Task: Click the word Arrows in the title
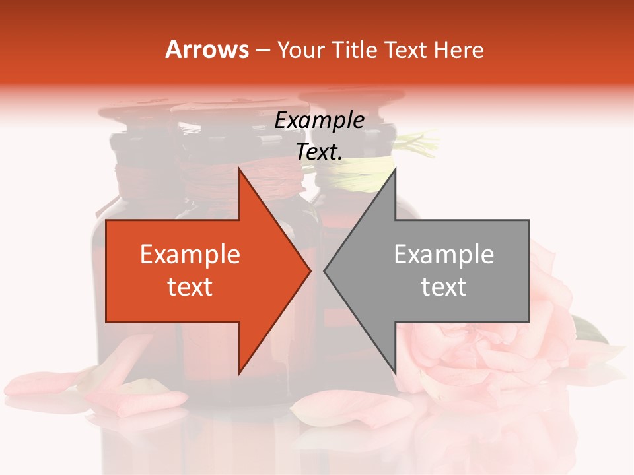pos(207,49)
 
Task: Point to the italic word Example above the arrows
pos(320,120)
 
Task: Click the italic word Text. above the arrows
pos(320,152)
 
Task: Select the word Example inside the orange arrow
pos(190,255)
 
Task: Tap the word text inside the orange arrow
pos(190,287)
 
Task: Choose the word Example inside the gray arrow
pos(444,255)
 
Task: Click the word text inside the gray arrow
pos(444,287)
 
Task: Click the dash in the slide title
pos(262,50)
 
